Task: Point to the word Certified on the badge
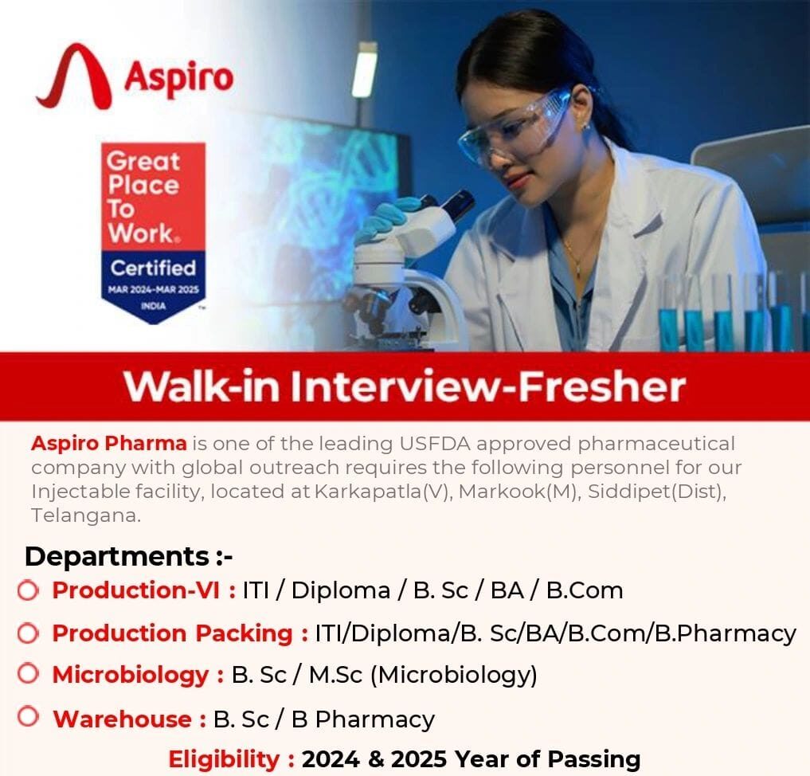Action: point(153,267)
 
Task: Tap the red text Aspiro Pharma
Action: point(109,443)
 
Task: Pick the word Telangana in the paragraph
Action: point(86,515)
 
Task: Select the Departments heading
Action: point(128,555)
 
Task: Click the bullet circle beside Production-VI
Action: point(28,590)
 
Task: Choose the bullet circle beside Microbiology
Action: point(28,674)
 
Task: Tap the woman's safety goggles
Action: point(518,123)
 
